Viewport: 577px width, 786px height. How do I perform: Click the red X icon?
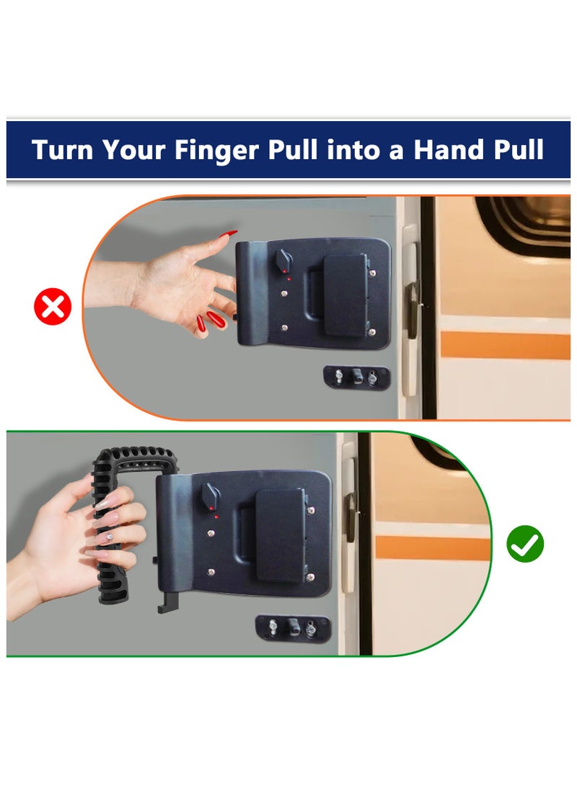53,308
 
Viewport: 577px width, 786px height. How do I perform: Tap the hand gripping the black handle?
79,533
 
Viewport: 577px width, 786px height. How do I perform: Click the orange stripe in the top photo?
505,345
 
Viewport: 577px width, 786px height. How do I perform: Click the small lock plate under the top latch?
356,376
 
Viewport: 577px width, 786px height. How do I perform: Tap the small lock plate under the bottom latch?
292,627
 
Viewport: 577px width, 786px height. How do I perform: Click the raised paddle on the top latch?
345,295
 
